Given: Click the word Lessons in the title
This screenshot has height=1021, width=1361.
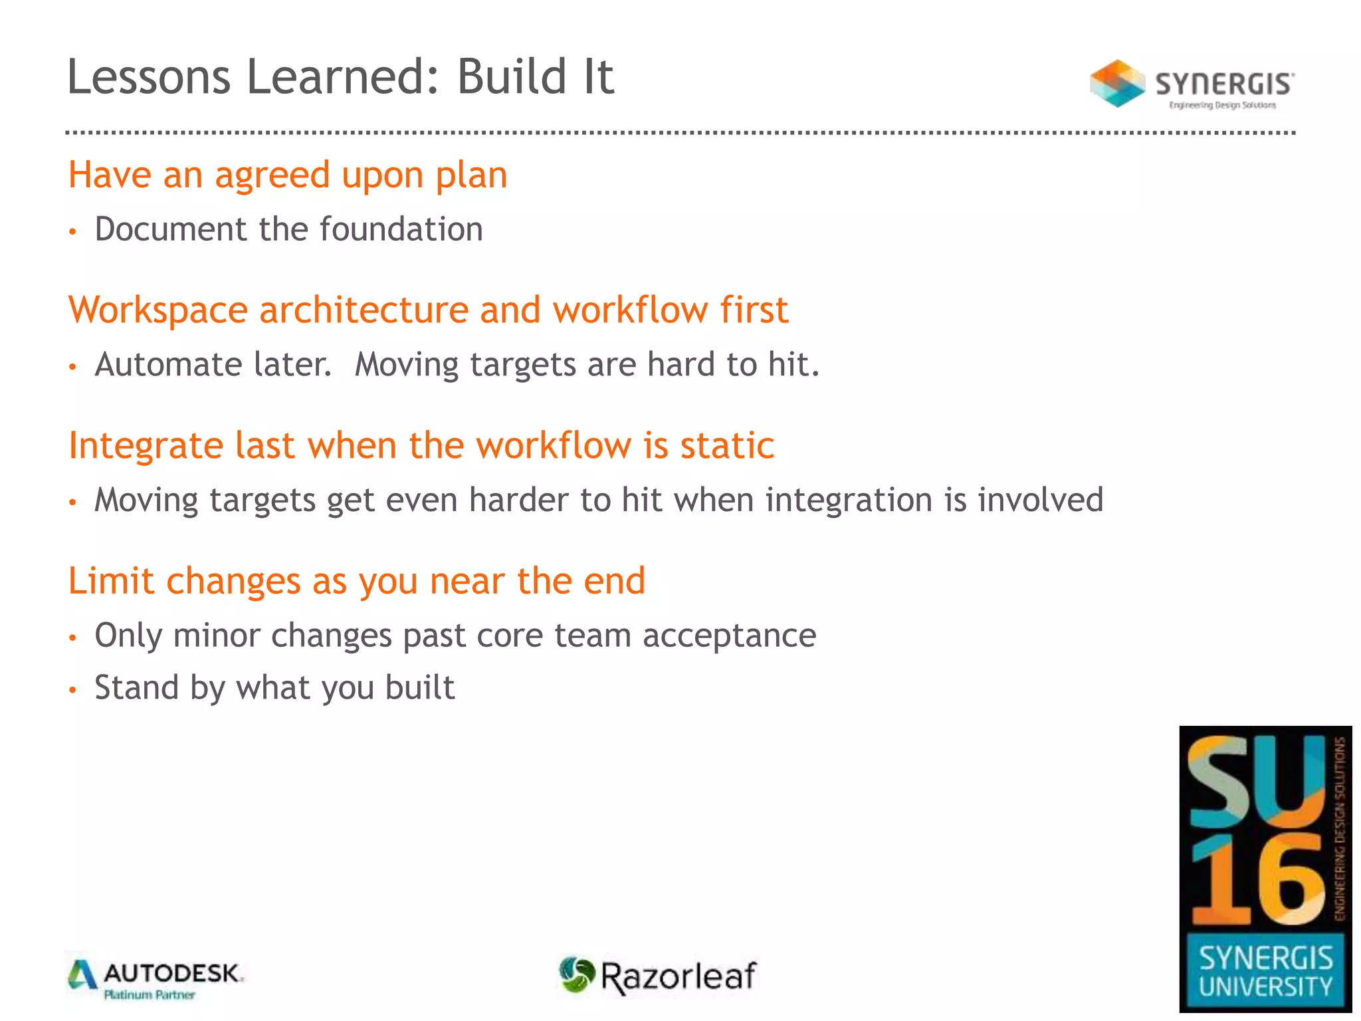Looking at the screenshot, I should [x=148, y=76].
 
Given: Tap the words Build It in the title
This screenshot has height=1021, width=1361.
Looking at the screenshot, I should [x=535, y=76].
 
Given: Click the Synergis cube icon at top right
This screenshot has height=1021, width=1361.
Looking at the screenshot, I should [x=1117, y=84].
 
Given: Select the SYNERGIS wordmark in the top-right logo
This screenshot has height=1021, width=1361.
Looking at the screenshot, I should [x=1224, y=84].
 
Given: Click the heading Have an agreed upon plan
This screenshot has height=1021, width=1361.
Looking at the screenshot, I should [x=288, y=175].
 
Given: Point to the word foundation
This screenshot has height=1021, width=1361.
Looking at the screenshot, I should [x=401, y=229].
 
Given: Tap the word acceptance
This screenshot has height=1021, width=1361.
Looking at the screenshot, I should [x=729, y=635].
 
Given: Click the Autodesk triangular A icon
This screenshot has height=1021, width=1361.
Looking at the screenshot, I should [x=82, y=975].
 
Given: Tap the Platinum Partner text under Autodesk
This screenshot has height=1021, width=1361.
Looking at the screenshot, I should [x=150, y=995].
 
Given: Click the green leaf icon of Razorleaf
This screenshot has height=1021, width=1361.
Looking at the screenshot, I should [x=576, y=974].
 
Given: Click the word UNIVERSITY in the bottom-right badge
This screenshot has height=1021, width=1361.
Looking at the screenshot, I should [x=1265, y=986].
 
